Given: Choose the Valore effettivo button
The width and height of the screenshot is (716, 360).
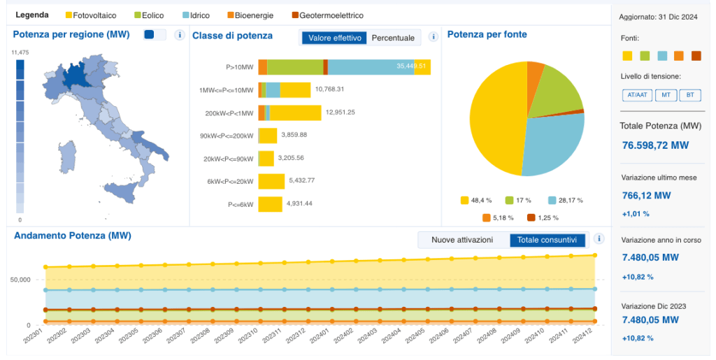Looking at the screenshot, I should (x=334, y=38).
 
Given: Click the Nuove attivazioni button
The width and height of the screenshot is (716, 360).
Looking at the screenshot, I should (x=461, y=240).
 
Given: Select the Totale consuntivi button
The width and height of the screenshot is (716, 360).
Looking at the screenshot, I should (x=547, y=240).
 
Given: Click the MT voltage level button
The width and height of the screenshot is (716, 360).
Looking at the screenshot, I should (x=666, y=95).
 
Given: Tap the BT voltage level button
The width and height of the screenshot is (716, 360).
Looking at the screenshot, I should (x=689, y=95).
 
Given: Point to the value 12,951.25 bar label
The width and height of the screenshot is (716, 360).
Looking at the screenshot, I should (x=341, y=112).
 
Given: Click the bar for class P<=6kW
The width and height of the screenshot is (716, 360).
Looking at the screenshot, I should (x=270, y=204).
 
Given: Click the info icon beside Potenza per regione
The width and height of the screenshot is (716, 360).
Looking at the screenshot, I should (x=179, y=35).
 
